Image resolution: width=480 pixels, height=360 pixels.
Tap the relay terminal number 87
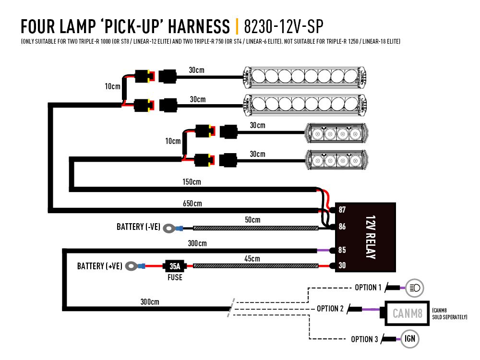click(x=342, y=210)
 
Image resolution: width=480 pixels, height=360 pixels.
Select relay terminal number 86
click(x=342, y=227)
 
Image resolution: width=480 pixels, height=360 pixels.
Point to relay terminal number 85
click(x=342, y=250)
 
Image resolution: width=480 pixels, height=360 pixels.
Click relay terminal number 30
click(x=342, y=265)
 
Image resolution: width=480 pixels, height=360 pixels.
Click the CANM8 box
click(x=408, y=314)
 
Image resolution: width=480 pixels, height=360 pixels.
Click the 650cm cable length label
click(x=192, y=204)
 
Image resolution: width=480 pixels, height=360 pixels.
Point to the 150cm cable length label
click(x=192, y=182)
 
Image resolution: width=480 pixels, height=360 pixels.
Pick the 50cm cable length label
click(x=252, y=220)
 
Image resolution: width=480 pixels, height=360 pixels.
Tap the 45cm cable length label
click(x=252, y=258)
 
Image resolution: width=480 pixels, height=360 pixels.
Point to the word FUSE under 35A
click(x=175, y=277)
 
